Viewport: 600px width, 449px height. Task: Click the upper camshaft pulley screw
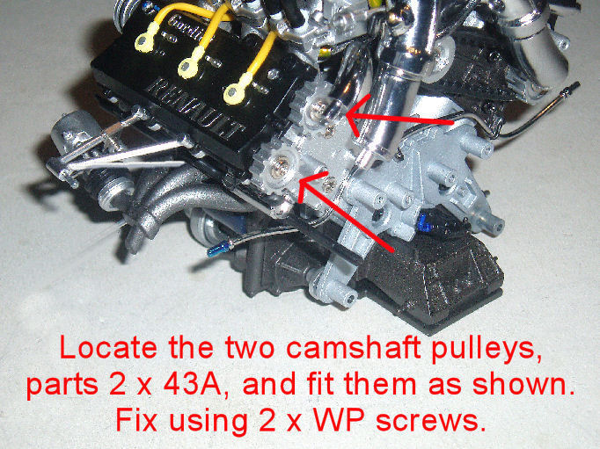(x=318, y=111)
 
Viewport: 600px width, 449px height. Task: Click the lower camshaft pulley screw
(x=278, y=168)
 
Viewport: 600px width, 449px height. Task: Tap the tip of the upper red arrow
(x=347, y=114)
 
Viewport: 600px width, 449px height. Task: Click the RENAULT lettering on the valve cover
(x=195, y=108)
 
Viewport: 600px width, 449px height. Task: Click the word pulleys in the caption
(x=487, y=350)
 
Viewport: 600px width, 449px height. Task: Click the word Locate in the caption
(x=108, y=348)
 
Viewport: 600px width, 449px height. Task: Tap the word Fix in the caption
(x=136, y=420)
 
